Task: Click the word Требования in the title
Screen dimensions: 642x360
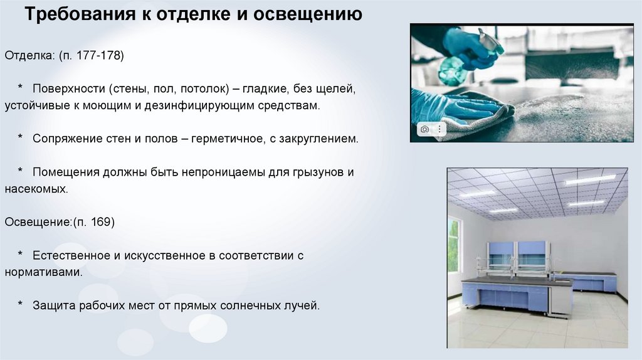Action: click(x=80, y=14)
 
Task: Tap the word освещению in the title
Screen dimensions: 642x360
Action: click(x=307, y=14)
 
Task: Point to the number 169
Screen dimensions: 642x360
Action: click(x=101, y=222)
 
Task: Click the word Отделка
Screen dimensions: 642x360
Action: click(x=29, y=56)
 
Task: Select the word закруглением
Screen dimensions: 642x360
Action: click(x=318, y=139)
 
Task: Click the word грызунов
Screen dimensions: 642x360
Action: click(x=318, y=172)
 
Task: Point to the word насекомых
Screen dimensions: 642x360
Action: click(x=36, y=189)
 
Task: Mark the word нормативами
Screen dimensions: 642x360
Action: click(x=43, y=272)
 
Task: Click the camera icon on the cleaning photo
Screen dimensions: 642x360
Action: click(x=424, y=129)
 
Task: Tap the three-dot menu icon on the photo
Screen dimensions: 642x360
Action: click(x=439, y=129)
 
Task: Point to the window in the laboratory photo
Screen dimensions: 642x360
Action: click(x=453, y=246)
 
